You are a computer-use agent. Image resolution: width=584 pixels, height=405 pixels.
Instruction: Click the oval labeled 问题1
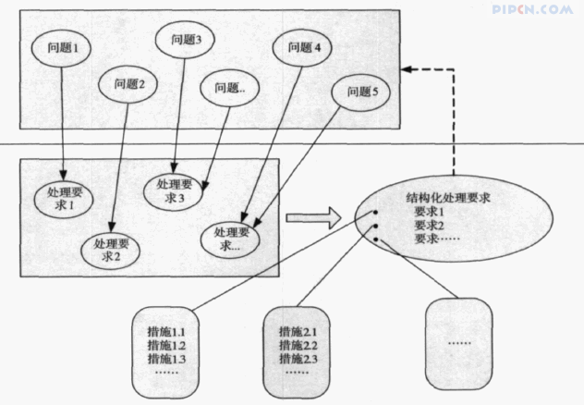(x=62, y=44)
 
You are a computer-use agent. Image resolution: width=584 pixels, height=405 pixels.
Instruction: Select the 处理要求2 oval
(x=114, y=250)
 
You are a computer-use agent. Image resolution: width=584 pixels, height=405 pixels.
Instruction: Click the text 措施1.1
(x=166, y=331)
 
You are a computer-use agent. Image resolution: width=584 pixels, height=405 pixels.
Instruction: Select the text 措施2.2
(x=298, y=345)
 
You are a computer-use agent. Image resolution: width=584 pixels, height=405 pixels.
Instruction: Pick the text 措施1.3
(x=166, y=358)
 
